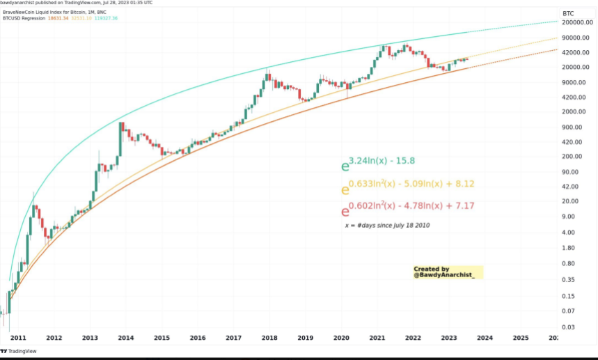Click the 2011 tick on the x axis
[x=18, y=338]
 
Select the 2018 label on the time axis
[x=269, y=338]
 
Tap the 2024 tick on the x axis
[x=485, y=338]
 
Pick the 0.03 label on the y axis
[x=568, y=327]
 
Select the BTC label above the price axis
[x=569, y=13]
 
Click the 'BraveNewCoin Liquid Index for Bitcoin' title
[x=49, y=12]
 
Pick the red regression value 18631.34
[x=56, y=18]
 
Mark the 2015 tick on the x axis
[x=162, y=338]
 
